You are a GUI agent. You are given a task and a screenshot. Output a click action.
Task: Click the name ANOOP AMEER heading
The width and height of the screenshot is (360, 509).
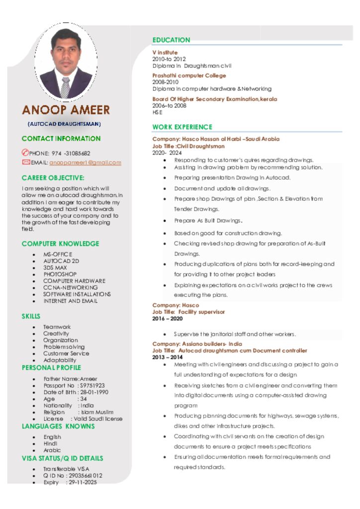[66, 110]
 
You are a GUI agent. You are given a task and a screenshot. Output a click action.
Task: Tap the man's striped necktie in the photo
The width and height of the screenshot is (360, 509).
[65, 87]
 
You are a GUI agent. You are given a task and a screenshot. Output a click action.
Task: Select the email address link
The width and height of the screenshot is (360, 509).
[85, 163]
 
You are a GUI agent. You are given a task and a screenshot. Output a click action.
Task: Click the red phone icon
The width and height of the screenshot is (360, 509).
[26, 153]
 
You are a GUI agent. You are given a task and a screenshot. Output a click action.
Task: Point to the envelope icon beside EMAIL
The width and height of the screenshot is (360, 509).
[26, 162]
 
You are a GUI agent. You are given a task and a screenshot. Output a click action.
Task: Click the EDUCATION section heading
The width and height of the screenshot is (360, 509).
[171, 40]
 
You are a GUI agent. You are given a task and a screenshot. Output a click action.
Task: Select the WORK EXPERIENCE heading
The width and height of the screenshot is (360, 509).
[182, 127]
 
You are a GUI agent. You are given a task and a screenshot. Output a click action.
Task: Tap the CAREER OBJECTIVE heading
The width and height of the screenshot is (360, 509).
[53, 177]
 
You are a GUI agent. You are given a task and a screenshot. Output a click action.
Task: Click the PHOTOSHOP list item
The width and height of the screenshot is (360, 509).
[60, 274]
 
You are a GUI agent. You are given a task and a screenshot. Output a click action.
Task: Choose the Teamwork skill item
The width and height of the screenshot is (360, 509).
[57, 327]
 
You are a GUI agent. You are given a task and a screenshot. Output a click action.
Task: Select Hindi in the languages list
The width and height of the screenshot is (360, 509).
[50, 443]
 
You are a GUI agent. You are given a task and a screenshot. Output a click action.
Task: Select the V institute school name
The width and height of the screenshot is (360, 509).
[165, 52]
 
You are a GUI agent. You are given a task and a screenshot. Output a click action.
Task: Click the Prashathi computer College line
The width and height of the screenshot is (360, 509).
[189, 76]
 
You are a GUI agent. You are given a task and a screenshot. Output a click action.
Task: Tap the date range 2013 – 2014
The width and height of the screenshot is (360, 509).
[167, 357]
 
